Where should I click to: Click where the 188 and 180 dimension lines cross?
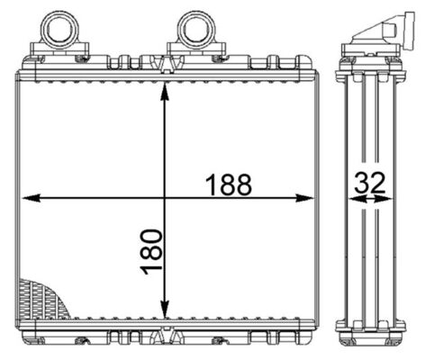coord(164,197)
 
